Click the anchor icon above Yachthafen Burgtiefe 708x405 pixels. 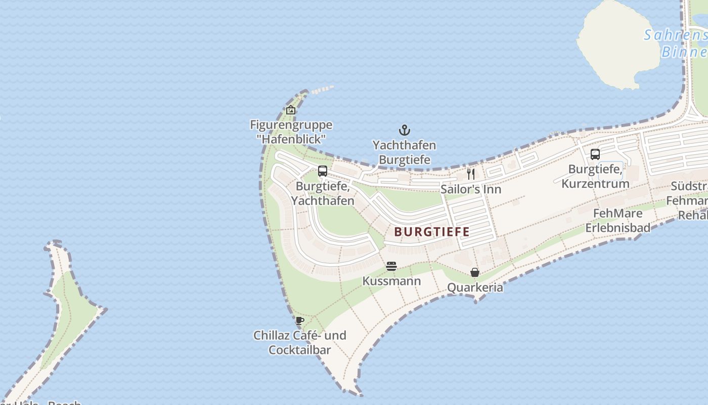[404, 130]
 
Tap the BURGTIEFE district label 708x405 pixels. [432, 232]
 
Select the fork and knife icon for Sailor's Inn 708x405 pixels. [471, 174]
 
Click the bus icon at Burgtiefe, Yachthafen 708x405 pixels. [323, 171]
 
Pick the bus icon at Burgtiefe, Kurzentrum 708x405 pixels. [595, 154]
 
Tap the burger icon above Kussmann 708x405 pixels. [391, 266]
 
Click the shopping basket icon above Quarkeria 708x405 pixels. [475, 273]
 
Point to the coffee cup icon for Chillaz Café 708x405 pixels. [300, 320]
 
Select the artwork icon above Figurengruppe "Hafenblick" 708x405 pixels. [291, 109]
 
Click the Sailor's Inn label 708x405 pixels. [471, 189]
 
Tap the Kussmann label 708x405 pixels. [391, 280]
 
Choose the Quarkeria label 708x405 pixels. [475, 288]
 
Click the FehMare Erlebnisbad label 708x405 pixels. [617, 220]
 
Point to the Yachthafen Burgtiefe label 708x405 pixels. [404, 152]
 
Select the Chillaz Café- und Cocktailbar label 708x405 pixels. [300, 342]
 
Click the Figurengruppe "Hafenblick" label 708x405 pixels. [291, 131]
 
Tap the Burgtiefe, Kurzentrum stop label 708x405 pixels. [595, 176]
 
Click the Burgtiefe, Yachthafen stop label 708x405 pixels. [323, 193]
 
